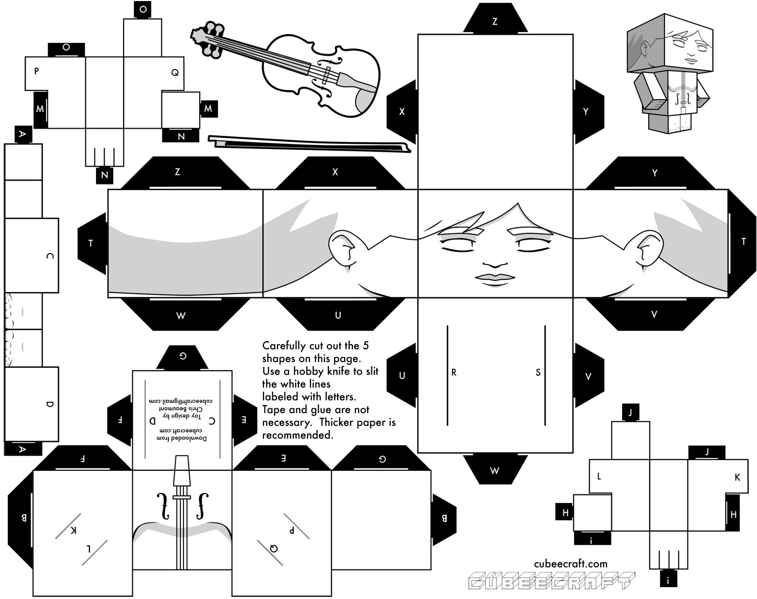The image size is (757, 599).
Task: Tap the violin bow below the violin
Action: (310, 144)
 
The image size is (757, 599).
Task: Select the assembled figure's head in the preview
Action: (670, 44)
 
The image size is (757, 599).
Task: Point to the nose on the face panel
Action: (495, 265)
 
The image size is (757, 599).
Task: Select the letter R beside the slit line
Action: (454, 372)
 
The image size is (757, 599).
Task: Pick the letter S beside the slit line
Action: (538, 372)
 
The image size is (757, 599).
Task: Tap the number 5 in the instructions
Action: (366, 345)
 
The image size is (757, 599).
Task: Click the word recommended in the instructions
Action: (298, 435)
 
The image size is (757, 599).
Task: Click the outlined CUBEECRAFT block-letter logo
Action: (552, 581)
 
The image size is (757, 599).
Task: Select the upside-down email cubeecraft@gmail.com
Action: (181, 401)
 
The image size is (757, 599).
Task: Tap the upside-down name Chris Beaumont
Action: (183, 409)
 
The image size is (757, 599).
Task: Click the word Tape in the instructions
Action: (274, 410)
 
